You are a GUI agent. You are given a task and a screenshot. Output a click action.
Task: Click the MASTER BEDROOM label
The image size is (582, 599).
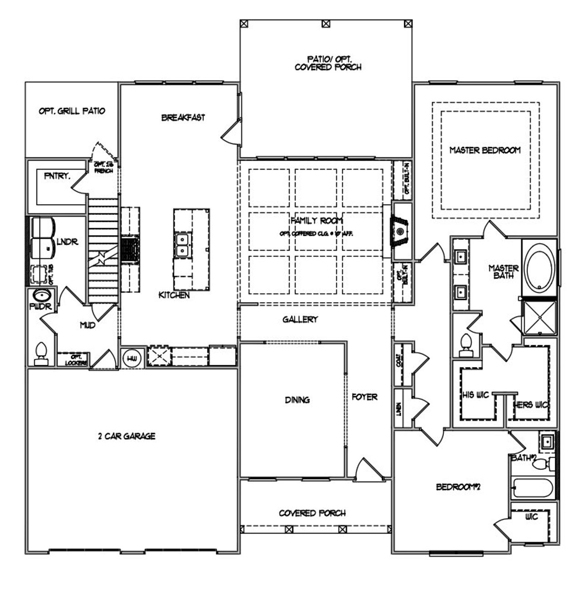(485, 150)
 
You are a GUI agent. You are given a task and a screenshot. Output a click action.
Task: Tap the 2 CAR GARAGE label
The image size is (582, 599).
(127, 436)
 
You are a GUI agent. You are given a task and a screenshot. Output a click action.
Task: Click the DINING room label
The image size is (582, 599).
(297, 400)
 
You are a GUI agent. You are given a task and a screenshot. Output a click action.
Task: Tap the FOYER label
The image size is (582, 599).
(365, 397)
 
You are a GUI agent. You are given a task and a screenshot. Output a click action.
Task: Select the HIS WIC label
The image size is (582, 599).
(476, 395)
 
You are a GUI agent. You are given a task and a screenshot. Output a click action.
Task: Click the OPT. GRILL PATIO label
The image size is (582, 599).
(72, 111)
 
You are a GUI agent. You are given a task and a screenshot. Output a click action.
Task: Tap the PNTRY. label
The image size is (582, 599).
(57, 176)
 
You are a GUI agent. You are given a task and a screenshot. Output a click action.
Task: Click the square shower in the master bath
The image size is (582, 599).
(540, 317)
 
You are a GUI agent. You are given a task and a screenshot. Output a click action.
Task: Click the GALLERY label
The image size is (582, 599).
(300, 319)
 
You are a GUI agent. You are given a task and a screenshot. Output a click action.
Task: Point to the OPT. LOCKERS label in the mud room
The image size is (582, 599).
(73, 360)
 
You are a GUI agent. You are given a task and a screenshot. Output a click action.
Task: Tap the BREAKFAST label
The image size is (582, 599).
(183, 117)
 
